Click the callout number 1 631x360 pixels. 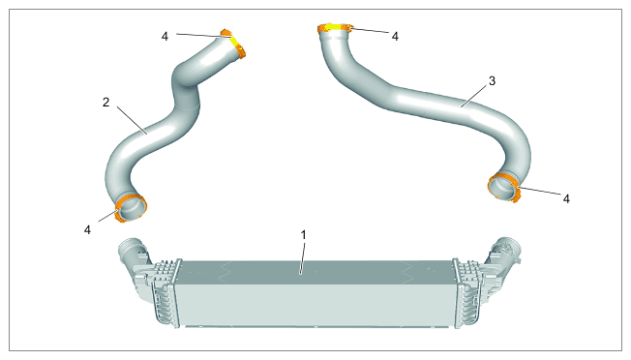point(304,234)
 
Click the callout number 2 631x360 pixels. point(105,103)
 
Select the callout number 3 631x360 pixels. point(492,81)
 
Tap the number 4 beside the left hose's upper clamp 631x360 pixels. point(165,36)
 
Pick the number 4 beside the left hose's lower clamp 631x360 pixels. point(87,229)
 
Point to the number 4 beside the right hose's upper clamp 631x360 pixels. point(395,37)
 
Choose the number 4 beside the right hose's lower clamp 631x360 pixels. point(566,198)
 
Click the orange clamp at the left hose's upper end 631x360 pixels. point(234,43)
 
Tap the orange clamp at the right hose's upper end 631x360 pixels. point(334,27)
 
